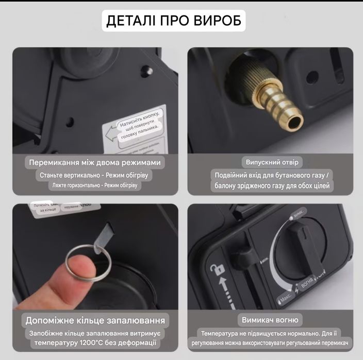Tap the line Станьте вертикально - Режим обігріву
tap(94, 175)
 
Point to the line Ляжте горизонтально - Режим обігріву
tap(94, 185)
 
